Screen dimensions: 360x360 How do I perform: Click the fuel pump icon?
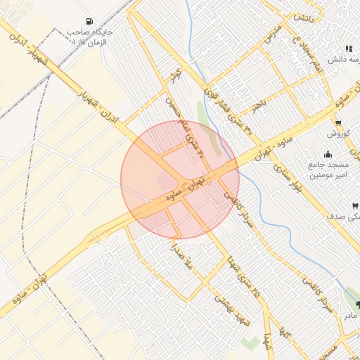click(89, 21)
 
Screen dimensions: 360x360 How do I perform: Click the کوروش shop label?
click(337, 133)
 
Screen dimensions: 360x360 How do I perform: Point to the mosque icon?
click(328, 155)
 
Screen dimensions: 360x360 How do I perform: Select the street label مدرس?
click(273, 34)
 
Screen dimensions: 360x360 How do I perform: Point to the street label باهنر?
click(262, 106)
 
